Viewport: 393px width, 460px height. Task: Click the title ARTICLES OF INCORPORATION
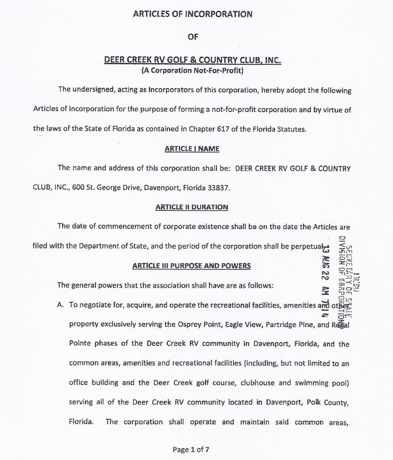193,14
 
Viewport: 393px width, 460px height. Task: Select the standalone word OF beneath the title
193,37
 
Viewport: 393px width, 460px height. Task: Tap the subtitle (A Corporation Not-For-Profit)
192,71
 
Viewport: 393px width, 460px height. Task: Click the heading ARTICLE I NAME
192,149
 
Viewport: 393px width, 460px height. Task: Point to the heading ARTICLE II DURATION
191,207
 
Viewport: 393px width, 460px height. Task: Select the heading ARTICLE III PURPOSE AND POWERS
191,266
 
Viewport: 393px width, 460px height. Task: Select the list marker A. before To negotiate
60,305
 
